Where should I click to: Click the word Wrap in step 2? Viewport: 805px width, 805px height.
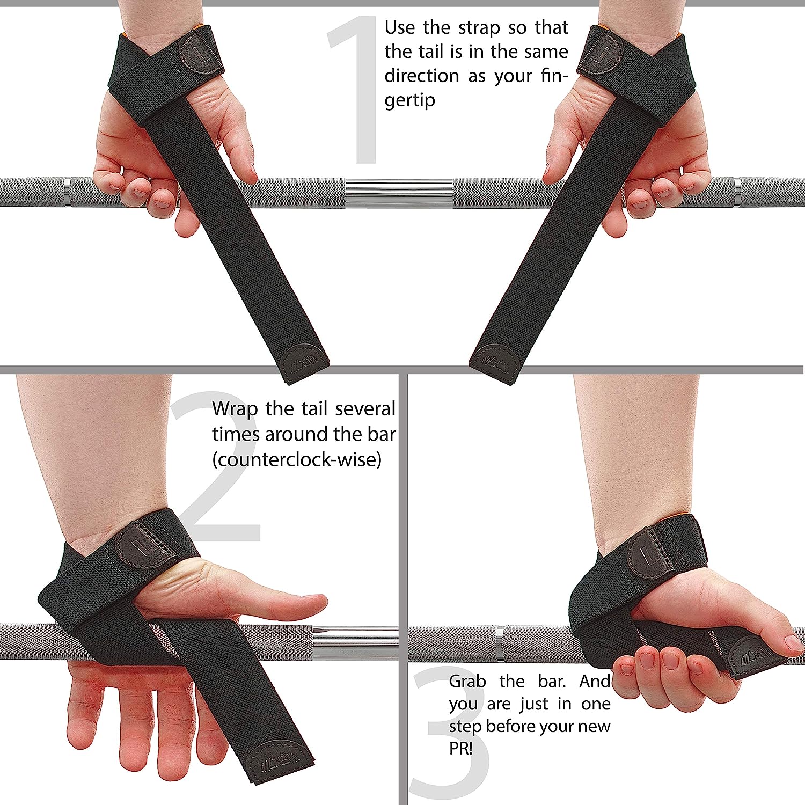[235, 409]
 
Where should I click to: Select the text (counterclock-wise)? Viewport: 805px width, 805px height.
[296, 460]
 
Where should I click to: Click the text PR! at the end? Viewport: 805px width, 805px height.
[460, 748]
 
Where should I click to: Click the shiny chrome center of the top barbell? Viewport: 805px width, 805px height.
[398, 192]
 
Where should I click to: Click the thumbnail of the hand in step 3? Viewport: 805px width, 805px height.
[793, 642]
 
